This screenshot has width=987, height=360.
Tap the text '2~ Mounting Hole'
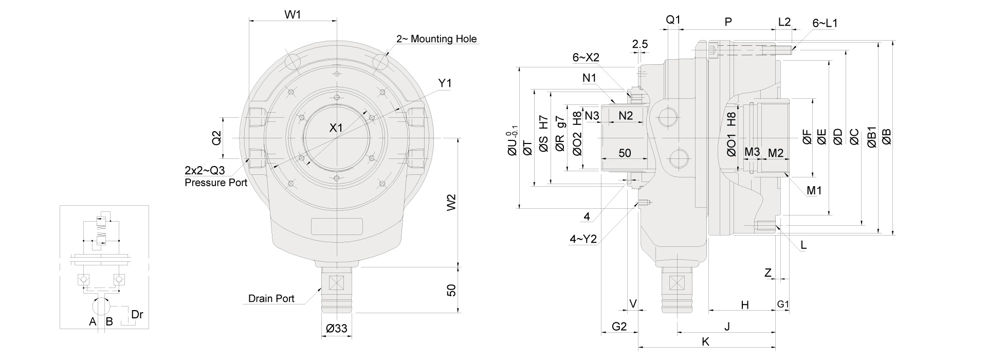click(436, 39)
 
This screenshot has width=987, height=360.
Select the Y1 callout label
click(445, 83)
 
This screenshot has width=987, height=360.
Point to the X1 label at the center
click(336, 128)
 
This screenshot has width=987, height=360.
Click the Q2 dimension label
click(216, 138)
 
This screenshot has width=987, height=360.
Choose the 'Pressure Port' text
click(216, 183)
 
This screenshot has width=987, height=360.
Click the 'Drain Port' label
click(271, 299)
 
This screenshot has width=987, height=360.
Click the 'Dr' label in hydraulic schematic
click(137, 314)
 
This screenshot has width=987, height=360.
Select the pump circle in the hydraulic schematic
click(102, 306)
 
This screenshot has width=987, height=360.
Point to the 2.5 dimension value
click(640, 44)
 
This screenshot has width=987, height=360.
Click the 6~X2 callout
click(586, 58)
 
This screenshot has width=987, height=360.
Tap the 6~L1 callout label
click(825, 23)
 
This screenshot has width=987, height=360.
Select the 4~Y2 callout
click(583, 239)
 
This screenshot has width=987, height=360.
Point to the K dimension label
click(706, 341)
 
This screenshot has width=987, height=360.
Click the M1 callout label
click(814, 191)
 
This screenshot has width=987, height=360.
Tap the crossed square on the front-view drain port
click(336, 283)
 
